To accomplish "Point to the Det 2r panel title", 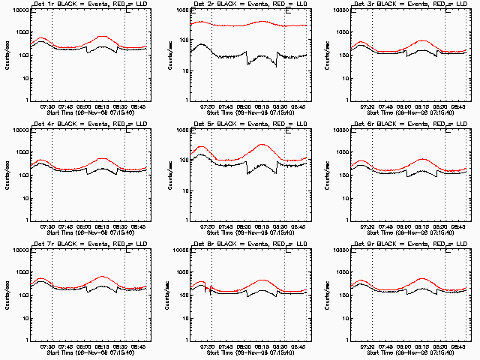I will (243, 4).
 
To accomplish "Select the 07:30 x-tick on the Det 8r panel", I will (208, 346).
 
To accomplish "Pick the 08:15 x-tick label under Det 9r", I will (423, 346).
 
